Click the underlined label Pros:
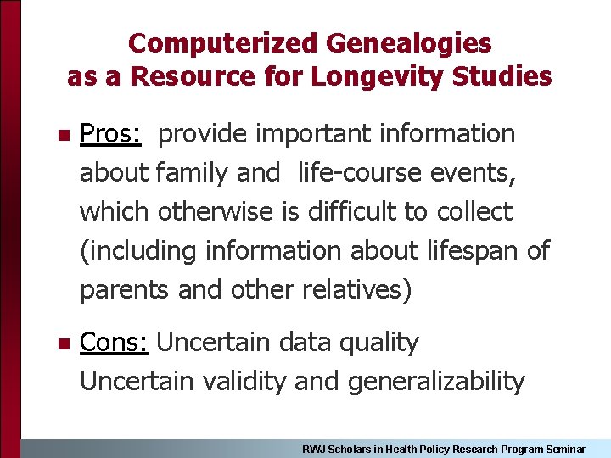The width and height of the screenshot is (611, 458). tap(110, 134)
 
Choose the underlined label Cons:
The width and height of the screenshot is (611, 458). tap(115, 343)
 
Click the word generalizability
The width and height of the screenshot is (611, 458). tap(436, 382)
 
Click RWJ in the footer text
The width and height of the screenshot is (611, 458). tap(314, 449)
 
